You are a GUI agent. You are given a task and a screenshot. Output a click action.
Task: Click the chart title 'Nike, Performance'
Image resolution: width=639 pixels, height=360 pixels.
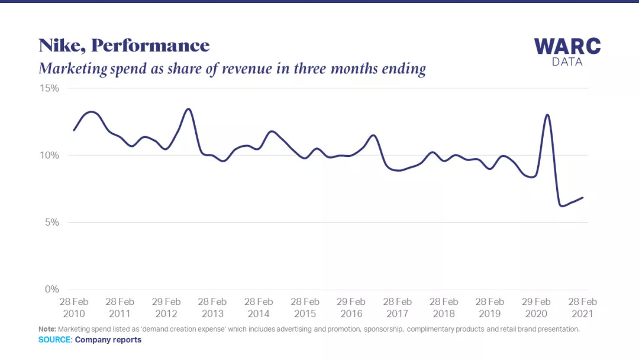(124, 46)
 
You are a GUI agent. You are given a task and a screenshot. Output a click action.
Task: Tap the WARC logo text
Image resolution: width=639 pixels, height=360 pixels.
(567, 46)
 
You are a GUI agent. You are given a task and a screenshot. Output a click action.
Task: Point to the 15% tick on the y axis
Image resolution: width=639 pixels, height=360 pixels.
(50, 88)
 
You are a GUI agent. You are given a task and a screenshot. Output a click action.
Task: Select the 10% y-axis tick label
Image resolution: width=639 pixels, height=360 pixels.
(50, 155)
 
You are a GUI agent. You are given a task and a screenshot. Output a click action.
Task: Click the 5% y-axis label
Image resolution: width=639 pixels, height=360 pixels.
(51, 222)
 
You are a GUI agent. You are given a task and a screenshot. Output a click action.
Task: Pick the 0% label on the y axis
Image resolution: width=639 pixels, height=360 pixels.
(51, 289)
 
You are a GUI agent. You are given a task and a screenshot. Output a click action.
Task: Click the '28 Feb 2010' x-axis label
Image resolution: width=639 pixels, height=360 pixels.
(73, 307)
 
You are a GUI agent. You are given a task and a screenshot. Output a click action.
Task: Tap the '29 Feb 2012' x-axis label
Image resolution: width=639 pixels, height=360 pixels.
(166, 307)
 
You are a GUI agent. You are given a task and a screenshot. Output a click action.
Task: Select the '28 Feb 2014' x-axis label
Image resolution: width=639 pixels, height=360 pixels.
(259, 307)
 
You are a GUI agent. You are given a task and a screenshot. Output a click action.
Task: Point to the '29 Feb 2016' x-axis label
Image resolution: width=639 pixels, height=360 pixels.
(351, 307)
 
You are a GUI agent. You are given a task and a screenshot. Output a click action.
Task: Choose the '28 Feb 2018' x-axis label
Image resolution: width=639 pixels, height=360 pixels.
(443, 307)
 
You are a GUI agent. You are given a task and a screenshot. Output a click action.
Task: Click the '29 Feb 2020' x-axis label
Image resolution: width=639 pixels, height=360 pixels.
(536, 307)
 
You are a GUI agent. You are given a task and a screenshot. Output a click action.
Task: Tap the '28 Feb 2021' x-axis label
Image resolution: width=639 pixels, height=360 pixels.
(582, 307)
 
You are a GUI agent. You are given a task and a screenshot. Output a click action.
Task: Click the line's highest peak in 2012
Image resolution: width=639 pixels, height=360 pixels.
(188, 109)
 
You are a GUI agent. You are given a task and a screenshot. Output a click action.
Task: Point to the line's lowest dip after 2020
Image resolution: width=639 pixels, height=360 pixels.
(561, 205)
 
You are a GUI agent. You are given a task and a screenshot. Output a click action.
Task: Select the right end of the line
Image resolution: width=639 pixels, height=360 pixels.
(583, 197)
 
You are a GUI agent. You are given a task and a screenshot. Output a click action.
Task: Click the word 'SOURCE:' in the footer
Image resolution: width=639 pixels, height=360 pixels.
(55, 340)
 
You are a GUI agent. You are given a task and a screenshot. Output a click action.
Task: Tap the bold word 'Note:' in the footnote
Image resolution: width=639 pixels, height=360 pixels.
(47, 329)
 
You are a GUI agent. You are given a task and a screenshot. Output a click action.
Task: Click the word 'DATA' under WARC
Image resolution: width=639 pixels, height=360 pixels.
(567, 62)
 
